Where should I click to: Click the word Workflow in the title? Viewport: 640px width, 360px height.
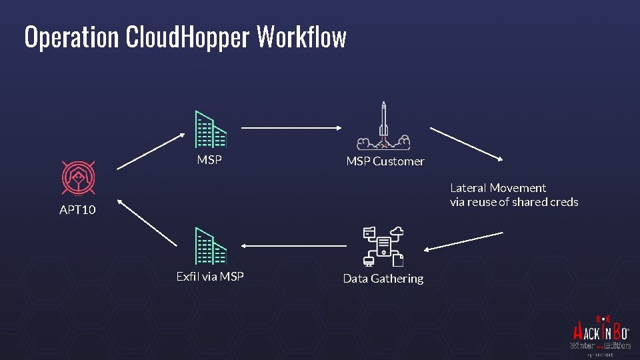(301, 38)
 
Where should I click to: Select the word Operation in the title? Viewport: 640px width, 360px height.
(71, 38)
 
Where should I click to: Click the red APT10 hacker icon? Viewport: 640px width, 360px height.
(78, 177)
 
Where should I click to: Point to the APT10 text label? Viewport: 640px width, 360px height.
(77, 210)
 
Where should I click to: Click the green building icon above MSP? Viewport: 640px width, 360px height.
(210, 129)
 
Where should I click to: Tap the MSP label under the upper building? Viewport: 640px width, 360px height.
(209, 160)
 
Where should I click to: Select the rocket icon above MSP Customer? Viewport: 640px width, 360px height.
(383, 126)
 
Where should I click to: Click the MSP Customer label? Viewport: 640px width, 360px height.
(385, 161)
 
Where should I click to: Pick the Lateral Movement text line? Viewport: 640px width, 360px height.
(497, 188)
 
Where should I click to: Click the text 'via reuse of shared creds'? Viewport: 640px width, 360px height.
(514, 202)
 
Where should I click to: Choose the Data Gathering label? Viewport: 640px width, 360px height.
(383, 279)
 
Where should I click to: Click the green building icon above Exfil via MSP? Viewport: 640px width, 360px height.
(210, 247)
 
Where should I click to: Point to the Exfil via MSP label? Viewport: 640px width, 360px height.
(210, 276)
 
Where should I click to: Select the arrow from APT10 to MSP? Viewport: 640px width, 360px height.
(151, 151)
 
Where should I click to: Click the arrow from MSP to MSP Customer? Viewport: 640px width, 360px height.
(291, 128)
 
